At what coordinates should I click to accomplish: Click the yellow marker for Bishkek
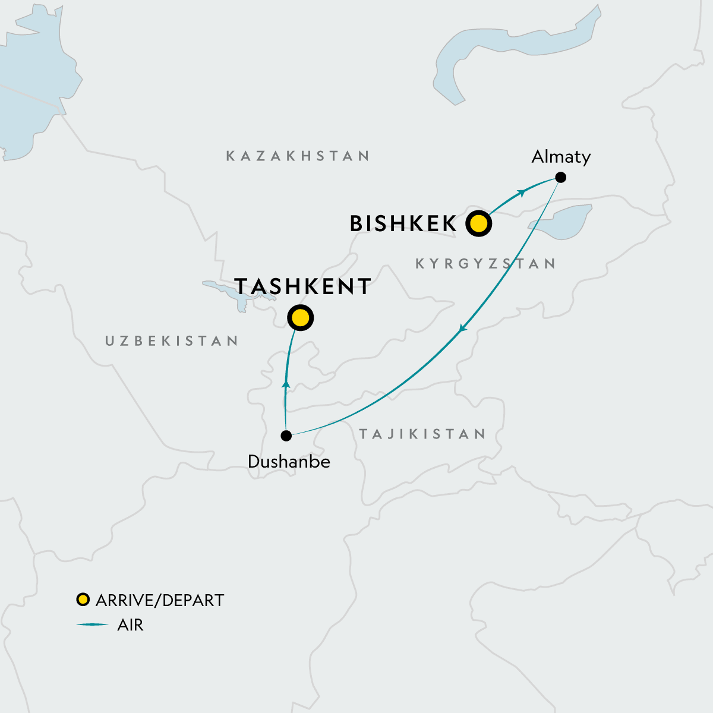(478, 224)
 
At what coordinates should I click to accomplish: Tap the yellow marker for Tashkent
(300, 318)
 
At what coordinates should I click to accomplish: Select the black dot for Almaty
(560, 177)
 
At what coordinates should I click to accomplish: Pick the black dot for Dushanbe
(286, 436)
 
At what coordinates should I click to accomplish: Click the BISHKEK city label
(403, 224)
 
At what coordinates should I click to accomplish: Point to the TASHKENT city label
(303, 286)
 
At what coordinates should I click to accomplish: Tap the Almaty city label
(561, 157)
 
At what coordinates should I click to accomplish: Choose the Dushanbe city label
(289, 462)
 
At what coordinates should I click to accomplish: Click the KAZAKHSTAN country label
(298, 156)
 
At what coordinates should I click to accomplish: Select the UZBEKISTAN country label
(172, 341)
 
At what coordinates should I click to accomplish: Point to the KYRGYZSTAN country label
(485, 264)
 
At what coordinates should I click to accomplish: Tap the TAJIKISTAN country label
(422, 434)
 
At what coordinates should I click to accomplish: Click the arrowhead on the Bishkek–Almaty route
(522, 192)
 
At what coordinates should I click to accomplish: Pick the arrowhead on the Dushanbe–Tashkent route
(286, 385)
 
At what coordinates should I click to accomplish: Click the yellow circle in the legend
(83, 600)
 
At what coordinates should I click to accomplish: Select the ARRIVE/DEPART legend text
(159, 600)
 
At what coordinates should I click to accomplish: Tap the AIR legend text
(130, 625)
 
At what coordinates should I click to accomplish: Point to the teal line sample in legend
(92, 624)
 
